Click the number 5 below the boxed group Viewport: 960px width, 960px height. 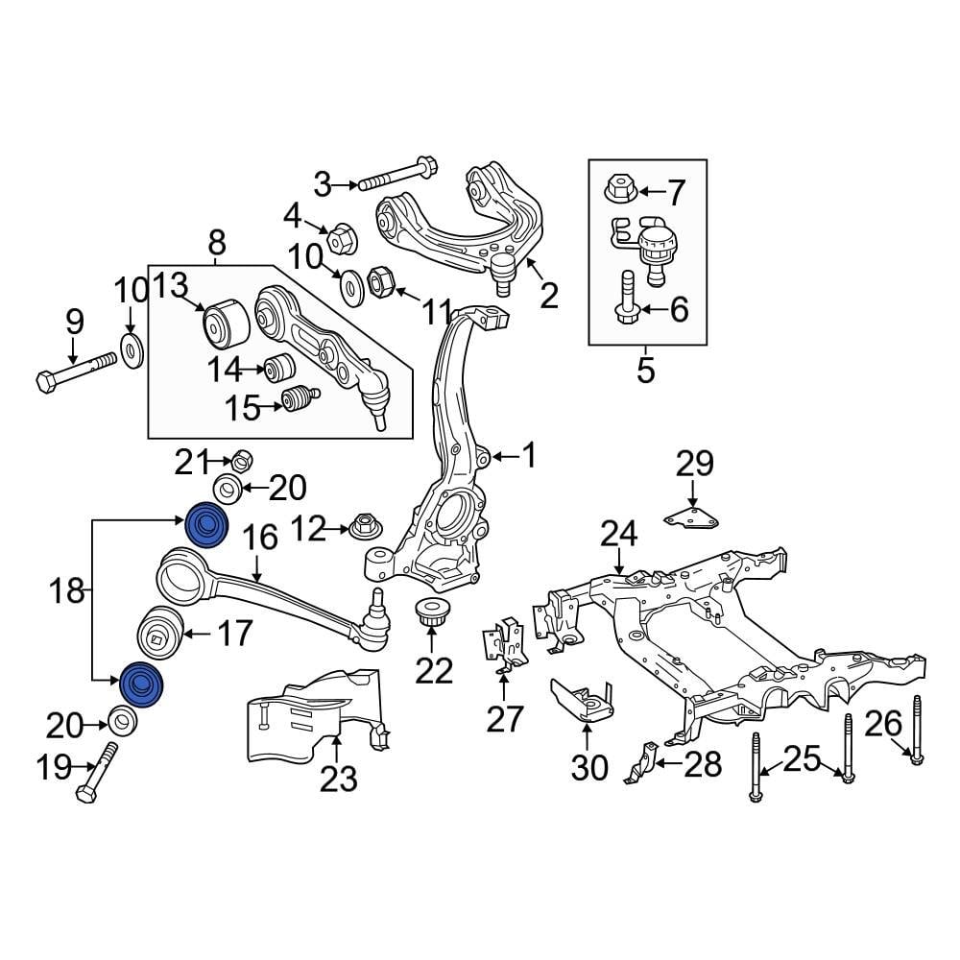pyautogui.click(x=645, y=369)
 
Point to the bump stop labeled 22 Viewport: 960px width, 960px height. pyautogui.click(x=430, y=612)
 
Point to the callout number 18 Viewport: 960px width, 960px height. pyautogui.click(x=67, y=591)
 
